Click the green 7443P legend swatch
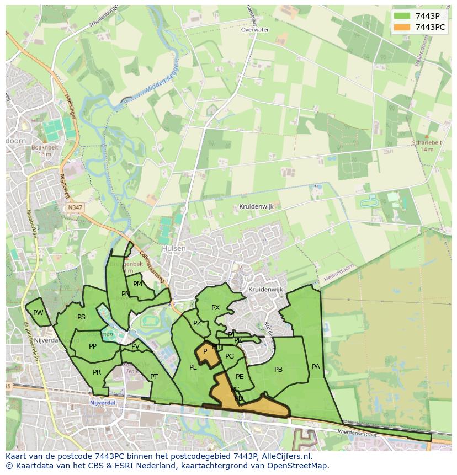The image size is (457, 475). (402, 16)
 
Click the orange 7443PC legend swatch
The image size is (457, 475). (402, 26)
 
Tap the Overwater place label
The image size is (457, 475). (255, 30)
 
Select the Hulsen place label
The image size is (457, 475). (174, 249)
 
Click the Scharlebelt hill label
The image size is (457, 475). (427, 142)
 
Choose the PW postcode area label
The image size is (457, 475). (38, 313)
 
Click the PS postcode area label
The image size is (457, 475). (81, 317)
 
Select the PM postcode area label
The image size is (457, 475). (137, 284)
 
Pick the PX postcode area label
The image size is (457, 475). (215, 308)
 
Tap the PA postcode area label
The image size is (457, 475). (316, 366)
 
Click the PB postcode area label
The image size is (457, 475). (278, 370)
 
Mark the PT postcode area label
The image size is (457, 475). (154, 377)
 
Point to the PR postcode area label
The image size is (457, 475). (97, 372)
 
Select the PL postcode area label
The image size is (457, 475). (193, 367)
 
